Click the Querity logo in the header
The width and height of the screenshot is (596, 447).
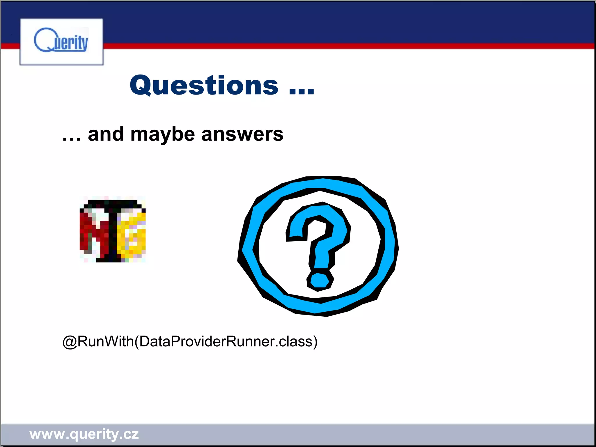click(x=61, y=41)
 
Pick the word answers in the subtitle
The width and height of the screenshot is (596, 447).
click(x=242, y=134)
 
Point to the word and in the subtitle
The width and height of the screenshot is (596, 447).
click(x=106, y=134)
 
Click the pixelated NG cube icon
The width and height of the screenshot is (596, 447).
click(x=113, y=230)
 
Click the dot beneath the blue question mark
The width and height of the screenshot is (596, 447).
click(x=320, y=281)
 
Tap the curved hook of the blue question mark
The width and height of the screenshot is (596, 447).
click(x=323, y=224)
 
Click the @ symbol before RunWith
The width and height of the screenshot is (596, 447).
click(x=70, y=342)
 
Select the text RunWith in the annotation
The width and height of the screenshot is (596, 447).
click(x=106, y=341)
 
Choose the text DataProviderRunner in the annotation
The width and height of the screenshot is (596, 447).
click(x=207, y=341)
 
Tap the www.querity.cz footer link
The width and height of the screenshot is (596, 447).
click(x=84, y=434)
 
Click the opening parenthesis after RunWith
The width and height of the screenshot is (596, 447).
click(x=136, y=342)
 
